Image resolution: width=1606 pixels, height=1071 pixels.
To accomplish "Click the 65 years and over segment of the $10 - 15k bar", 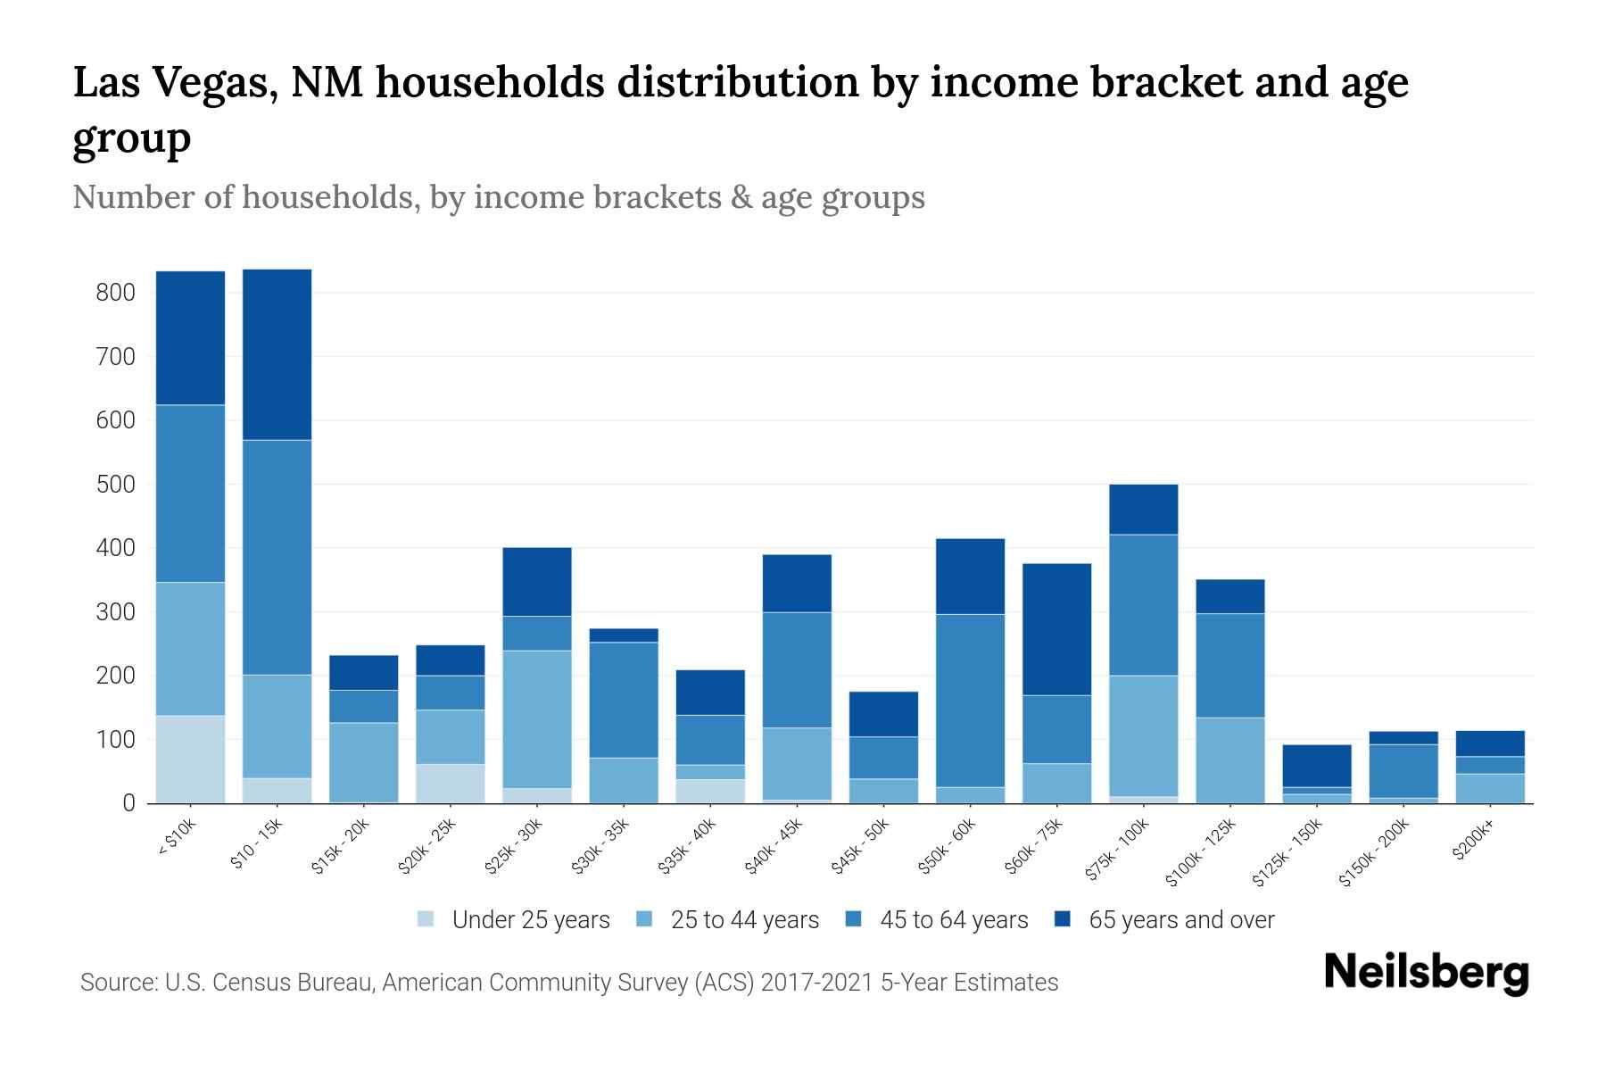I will pyautogui.click(x=277, y=354).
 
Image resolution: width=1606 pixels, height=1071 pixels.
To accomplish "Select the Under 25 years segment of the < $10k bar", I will pyautogui.click(x=190, y=759).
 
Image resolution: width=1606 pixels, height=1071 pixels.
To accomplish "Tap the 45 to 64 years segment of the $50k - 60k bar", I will pyautogui.click(x=970, y=701).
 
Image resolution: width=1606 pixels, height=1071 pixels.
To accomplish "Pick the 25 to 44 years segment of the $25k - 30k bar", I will pyautogui.click(x=537, y=719).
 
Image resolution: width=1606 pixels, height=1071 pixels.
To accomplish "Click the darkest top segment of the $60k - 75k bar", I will pyautogui.click(x=1056, y=629).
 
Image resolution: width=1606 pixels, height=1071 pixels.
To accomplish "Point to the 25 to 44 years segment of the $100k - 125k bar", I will pyautogui.click(x=1229, y=760).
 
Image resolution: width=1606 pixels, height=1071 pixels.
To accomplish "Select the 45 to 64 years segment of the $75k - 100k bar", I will pyautogui.click(x=1143, y=605).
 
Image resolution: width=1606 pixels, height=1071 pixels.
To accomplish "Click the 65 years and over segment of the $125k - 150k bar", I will pyautogui.click(x=1316, y=766).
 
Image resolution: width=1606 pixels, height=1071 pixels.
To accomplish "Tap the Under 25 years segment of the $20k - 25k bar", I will pyautogui.click(x=451, y=784).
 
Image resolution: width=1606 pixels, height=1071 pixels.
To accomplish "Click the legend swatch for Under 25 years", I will pyautogui.click(x=426, y=918).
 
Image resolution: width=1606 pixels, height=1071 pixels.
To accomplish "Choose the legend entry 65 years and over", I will pyautogui.click(x=1180, y=920).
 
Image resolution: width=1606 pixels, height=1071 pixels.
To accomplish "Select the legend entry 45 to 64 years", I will pyautogui.click(x=953, y=920).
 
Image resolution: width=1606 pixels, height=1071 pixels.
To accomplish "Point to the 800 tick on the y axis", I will pyautogui.click(x=116, y=293).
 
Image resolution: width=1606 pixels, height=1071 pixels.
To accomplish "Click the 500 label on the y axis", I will pyautogui.click(x=116, y=485).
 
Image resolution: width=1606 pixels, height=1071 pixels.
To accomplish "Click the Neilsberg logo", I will pyautogui.click(x=1426, y=973).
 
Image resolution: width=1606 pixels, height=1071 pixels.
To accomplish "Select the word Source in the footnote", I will pyautogui.click(x=117, y=983).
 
